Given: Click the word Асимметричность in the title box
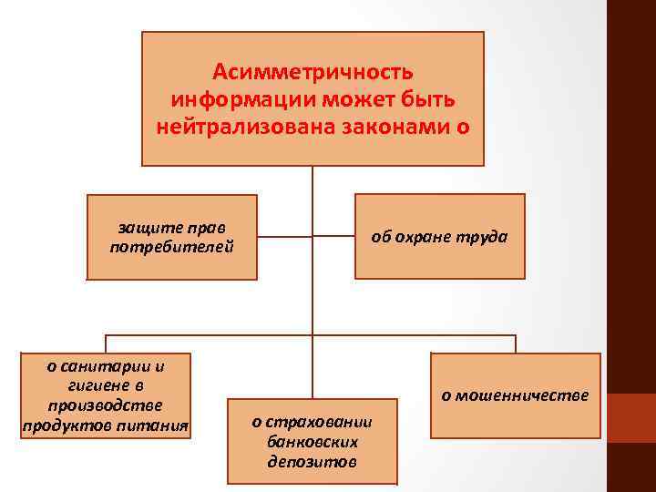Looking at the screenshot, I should tap(313, 71).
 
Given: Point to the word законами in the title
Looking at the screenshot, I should tap(405, 125).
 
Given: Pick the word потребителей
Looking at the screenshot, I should tap(171, 246).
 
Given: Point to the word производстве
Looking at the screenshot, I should tap(106, 405).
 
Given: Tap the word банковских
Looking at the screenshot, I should tap(313, 441).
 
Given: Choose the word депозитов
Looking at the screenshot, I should tap(313, 461).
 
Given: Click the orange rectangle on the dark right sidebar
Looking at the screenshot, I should tap(631, 418).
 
